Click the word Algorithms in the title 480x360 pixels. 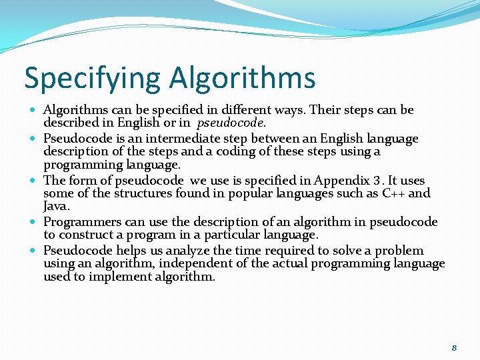(242, 78)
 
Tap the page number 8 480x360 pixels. (454, 347)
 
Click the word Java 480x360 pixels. (56, 206)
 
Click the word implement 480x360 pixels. (117, 276)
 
